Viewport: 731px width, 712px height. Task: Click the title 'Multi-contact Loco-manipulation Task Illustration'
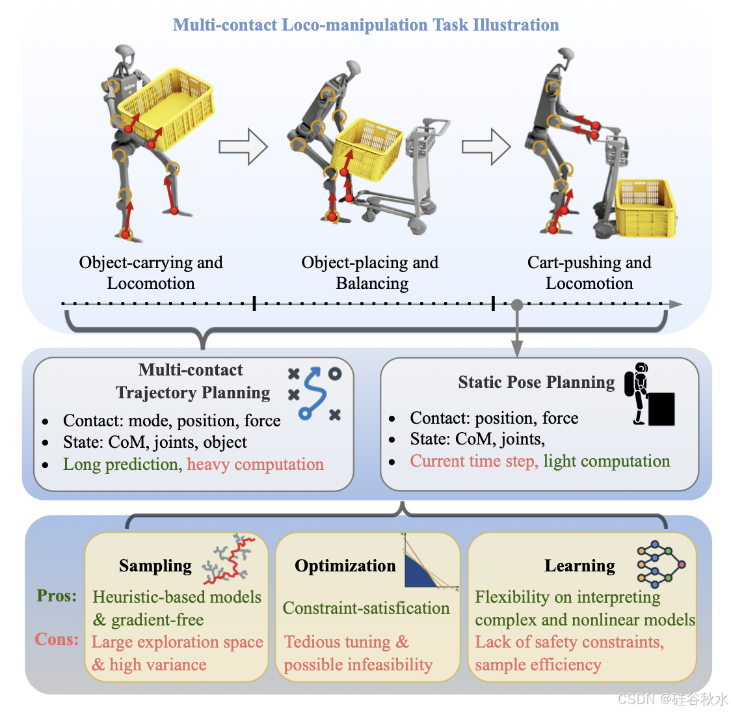click(365, 25)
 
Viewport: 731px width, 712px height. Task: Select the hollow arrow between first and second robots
click(243, 146)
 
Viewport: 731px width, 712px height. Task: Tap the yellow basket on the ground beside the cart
click(645, 208)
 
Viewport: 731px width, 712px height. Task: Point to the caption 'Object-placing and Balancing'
click(371, 273)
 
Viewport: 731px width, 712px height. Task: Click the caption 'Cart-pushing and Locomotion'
click(589, 273)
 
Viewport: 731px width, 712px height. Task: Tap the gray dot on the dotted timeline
click(517, 305)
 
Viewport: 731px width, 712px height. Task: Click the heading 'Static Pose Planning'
click(536, 382)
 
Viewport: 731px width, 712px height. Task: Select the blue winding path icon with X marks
click(315, 392)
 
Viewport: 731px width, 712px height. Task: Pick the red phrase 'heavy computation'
click(255, 464)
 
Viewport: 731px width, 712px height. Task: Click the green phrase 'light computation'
click(606, 461)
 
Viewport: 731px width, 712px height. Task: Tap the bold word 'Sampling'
click(155, 566)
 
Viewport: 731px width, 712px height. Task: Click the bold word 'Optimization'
click(345, 566)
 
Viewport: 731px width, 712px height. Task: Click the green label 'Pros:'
click(57, 596)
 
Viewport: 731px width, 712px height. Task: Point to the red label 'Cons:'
click(57, 639)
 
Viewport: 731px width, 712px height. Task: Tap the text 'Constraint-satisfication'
click(366, 608)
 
